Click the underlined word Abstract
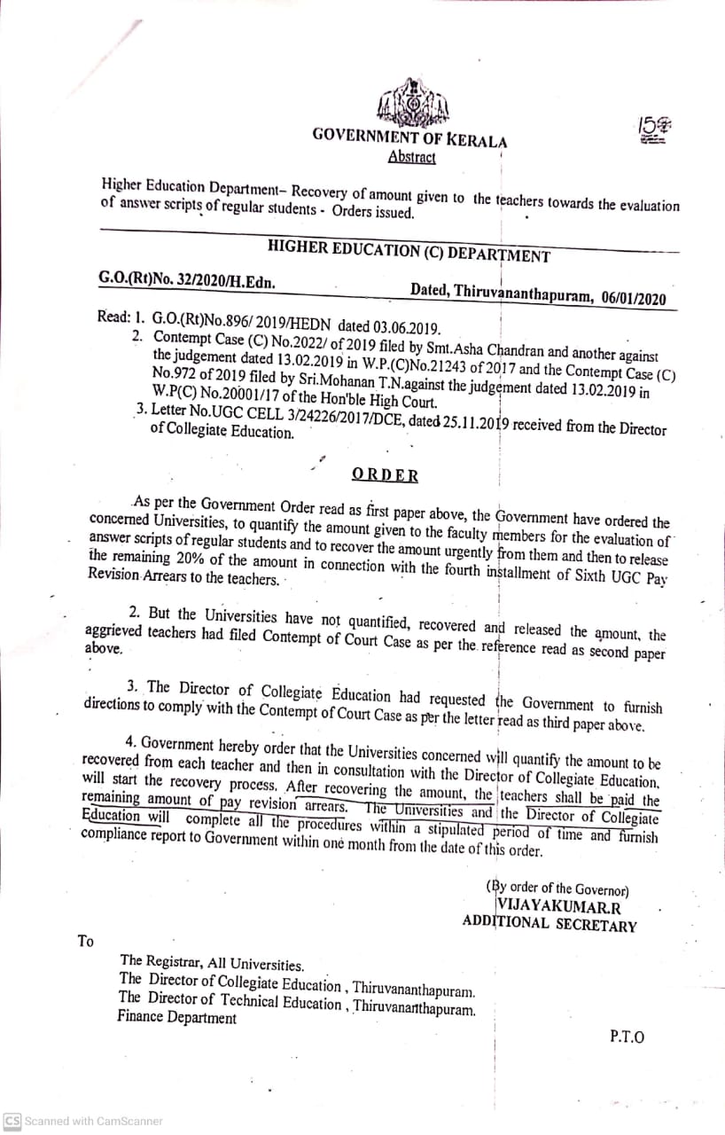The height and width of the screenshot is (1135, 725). pos(412,158)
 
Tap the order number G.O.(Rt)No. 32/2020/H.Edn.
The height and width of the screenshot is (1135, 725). pos(186,281)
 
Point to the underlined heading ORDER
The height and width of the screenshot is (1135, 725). pos(385,474)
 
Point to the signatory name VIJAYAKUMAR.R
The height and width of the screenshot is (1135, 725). pos(559,905)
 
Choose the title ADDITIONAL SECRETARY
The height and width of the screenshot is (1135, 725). pos(550,924)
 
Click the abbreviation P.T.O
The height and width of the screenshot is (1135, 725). pos(627,1037)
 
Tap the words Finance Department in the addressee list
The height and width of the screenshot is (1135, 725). pos(177,1018)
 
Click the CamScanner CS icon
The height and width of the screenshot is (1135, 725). pos(12,1121)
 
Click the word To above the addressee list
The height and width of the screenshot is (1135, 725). pos(86,941)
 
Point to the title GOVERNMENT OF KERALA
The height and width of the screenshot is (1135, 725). pos(409,139)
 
